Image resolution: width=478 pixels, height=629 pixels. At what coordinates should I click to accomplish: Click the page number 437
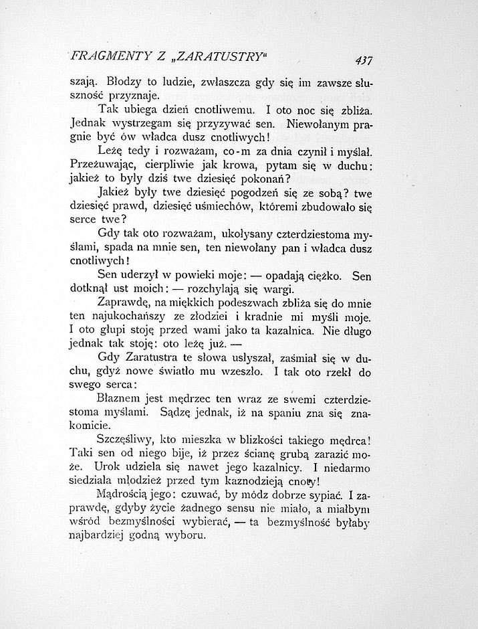(364, 60)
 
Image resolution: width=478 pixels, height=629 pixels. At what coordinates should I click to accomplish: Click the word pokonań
(261, 179)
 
